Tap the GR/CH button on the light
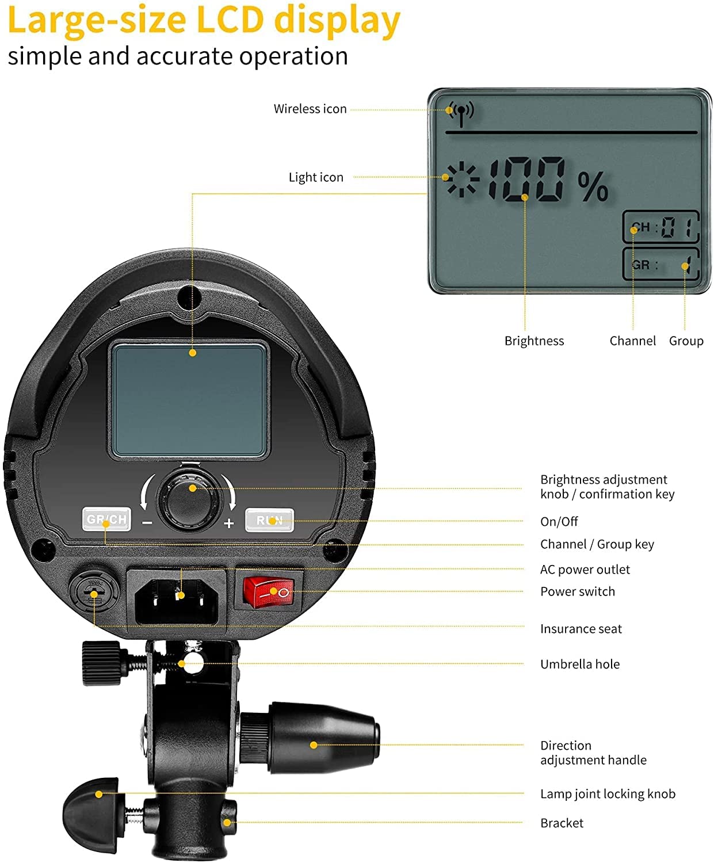pyautogui.click(x=106, y=520)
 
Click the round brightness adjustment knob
pyautogui.click(x=192, y=498)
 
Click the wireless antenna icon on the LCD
pyautogui.click(x=461, y=112)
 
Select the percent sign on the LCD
pyautogui.click(x=593, y=186)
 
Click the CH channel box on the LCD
pyautogui.click(x=660, y=227)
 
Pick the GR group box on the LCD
pyautogui.click(x=660, y=265)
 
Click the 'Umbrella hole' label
pyautogui.click(x=580, y=664)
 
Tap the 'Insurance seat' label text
pyautogui.click(x=581, y=629)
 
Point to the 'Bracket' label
pyautogui.click(x=562, y=823)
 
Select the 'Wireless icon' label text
pyautogui.click(x=310, y=109)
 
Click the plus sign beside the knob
pyautogui.click(x=229, y=524)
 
